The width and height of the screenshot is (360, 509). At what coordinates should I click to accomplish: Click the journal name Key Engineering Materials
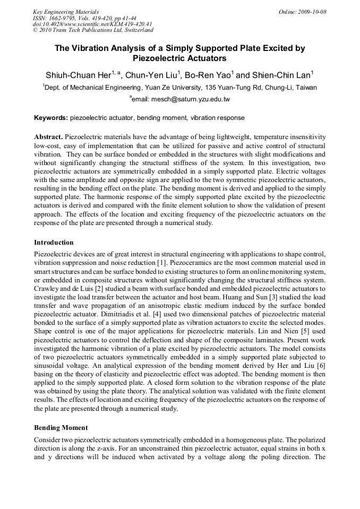(66, 12)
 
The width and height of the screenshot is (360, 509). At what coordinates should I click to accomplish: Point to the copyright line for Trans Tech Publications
(93, 30)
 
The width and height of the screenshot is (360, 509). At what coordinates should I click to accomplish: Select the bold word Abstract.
(48, 136)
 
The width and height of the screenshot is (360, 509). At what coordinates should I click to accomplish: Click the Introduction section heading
(54, 243)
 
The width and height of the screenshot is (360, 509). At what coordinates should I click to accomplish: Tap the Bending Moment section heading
(61, 427)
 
